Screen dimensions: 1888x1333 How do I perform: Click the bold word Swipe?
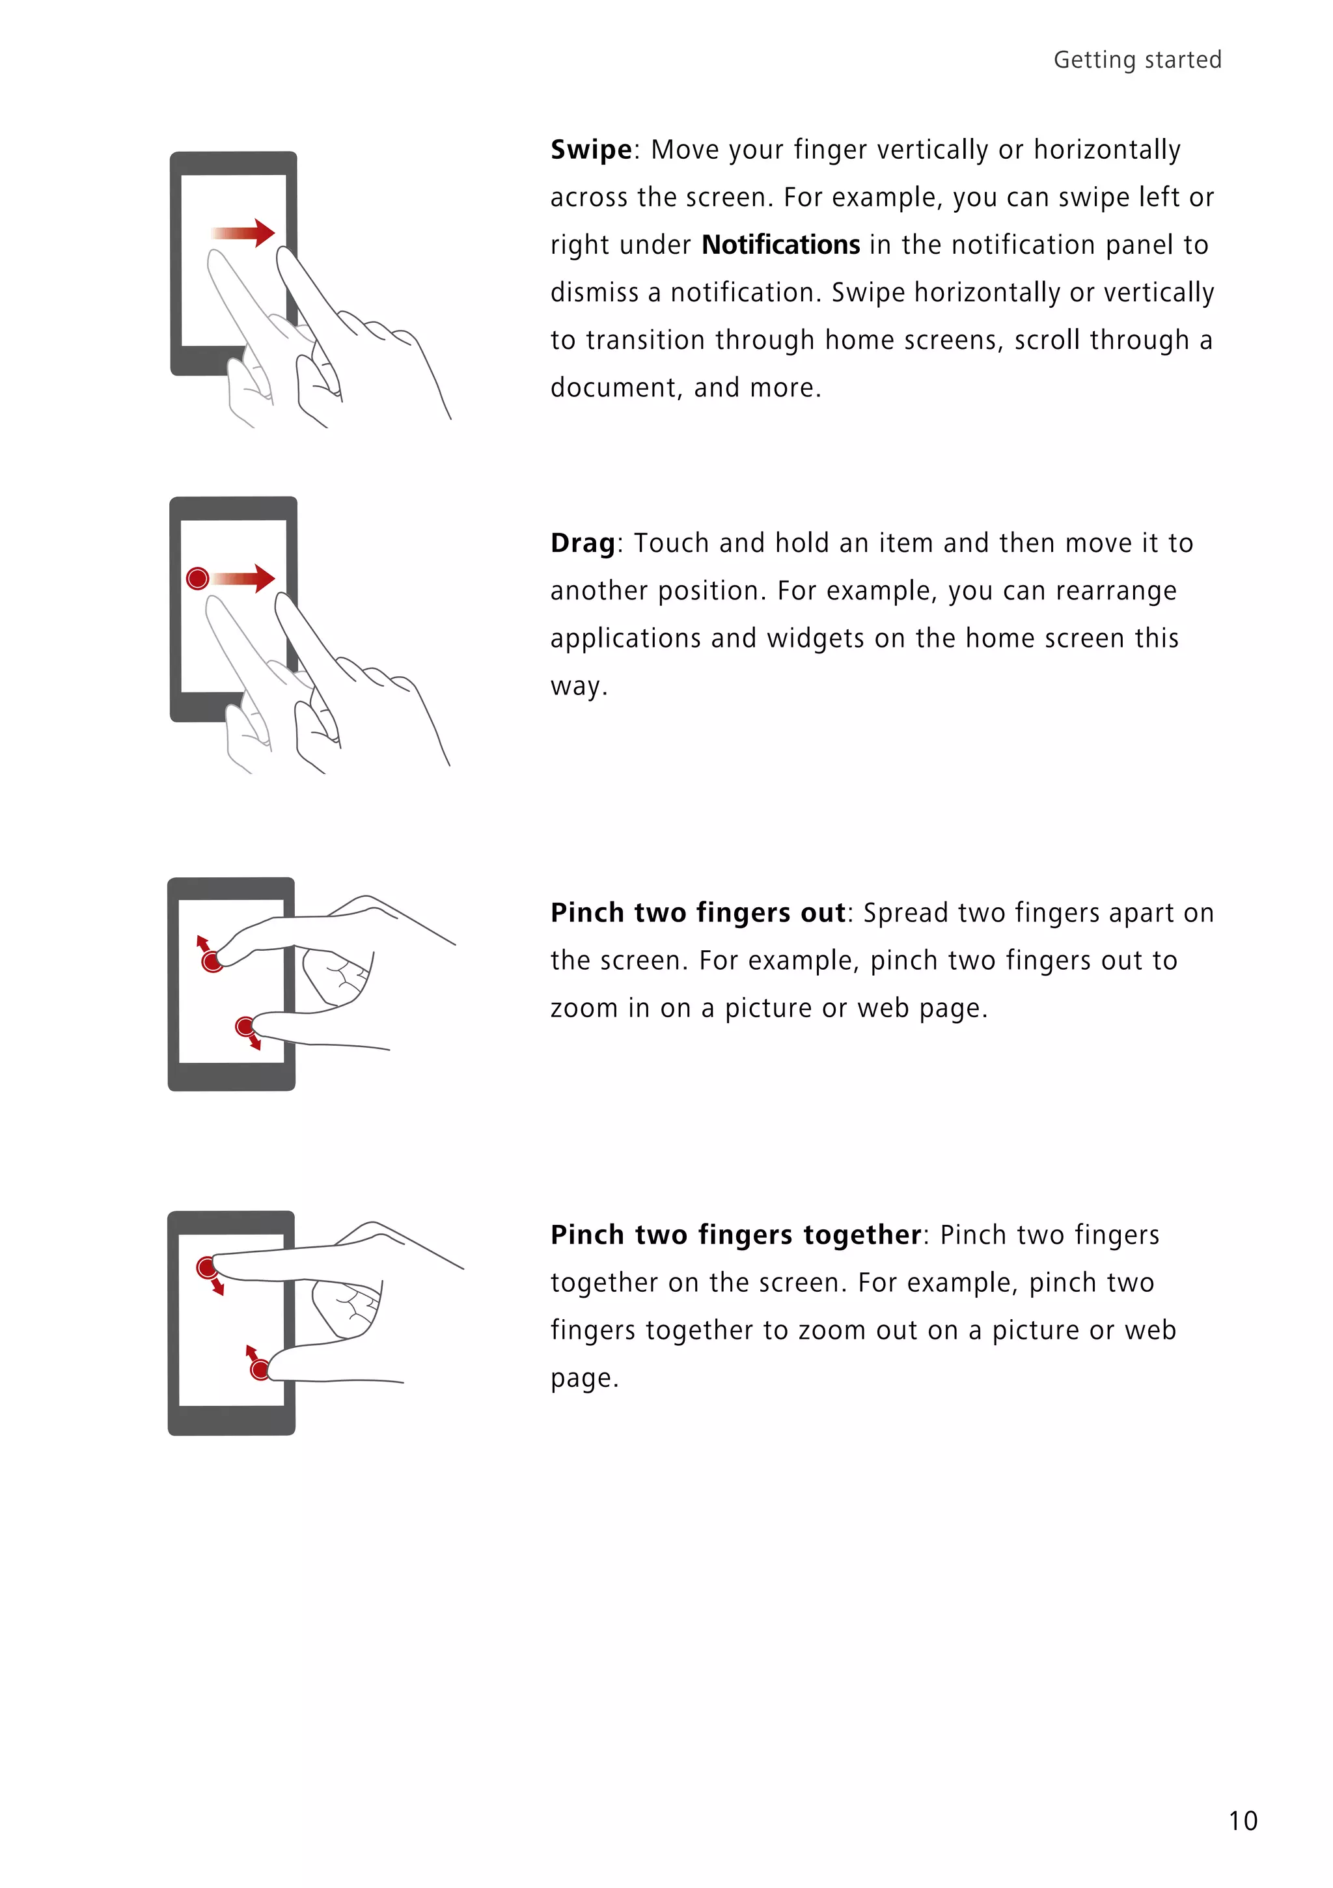590,150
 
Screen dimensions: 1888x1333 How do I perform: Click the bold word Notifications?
780,245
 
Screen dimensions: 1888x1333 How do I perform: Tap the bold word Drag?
582,543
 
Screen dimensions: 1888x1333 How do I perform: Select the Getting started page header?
1136,60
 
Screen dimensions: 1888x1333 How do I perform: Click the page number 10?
1243,1820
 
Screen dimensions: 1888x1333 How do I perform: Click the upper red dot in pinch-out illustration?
212,961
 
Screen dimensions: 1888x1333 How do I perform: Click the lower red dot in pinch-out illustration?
245,1026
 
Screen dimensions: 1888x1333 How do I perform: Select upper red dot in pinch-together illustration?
206,1267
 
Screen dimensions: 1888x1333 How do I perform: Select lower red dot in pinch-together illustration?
260,1369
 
